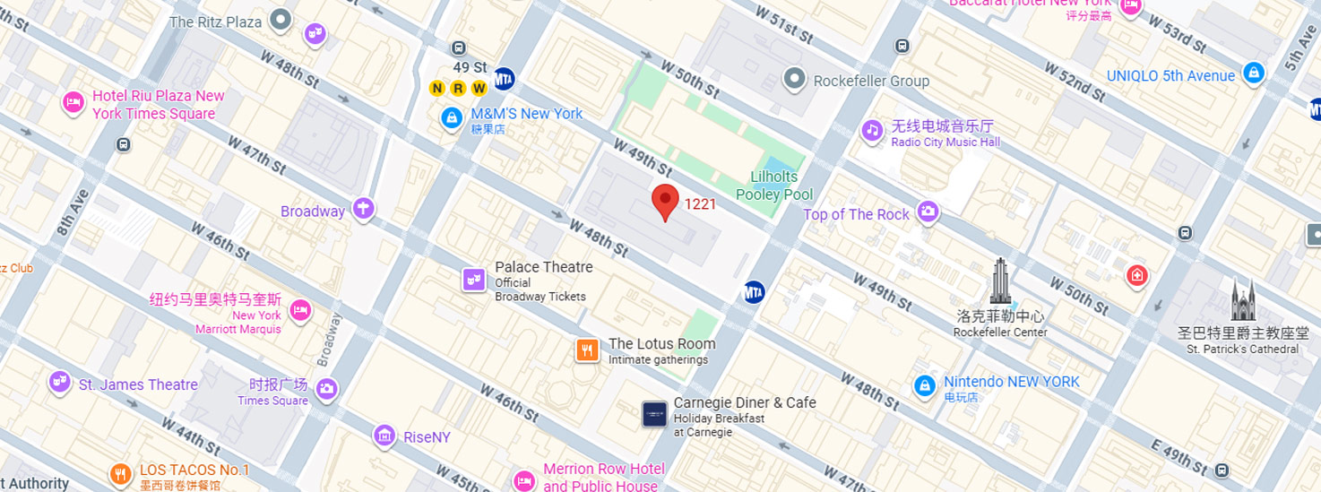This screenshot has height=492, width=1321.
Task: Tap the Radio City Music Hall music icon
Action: click(872, 131)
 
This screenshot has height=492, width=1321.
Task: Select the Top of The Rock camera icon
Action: click(928, 212)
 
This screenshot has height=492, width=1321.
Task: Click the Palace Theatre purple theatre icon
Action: click(474, 280)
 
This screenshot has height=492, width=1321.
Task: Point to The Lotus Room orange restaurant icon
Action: click(587, 350)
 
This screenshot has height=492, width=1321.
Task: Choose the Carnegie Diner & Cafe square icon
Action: click(655, 413)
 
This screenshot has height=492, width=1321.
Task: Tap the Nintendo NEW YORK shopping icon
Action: click(924, 386)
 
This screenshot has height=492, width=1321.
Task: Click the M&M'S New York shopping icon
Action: click(452, 117)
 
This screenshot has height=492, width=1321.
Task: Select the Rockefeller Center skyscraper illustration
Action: click(1000, 281)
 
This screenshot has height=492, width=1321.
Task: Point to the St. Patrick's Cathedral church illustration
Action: click(1242, 301)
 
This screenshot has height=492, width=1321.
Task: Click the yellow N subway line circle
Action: click(437, 88)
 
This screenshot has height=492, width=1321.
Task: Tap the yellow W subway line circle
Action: click(479, 88)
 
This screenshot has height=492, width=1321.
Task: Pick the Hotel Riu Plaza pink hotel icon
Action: click(73, 103)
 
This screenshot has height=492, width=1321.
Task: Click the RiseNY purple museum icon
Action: click(384, 436)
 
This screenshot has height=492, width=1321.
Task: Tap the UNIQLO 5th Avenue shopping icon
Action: click(1254, 73)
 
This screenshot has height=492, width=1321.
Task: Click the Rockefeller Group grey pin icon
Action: click(794, 80)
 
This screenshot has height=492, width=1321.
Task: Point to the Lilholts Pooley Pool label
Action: click(773, 186)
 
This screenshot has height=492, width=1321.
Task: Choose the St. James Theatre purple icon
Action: click(59, 382)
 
